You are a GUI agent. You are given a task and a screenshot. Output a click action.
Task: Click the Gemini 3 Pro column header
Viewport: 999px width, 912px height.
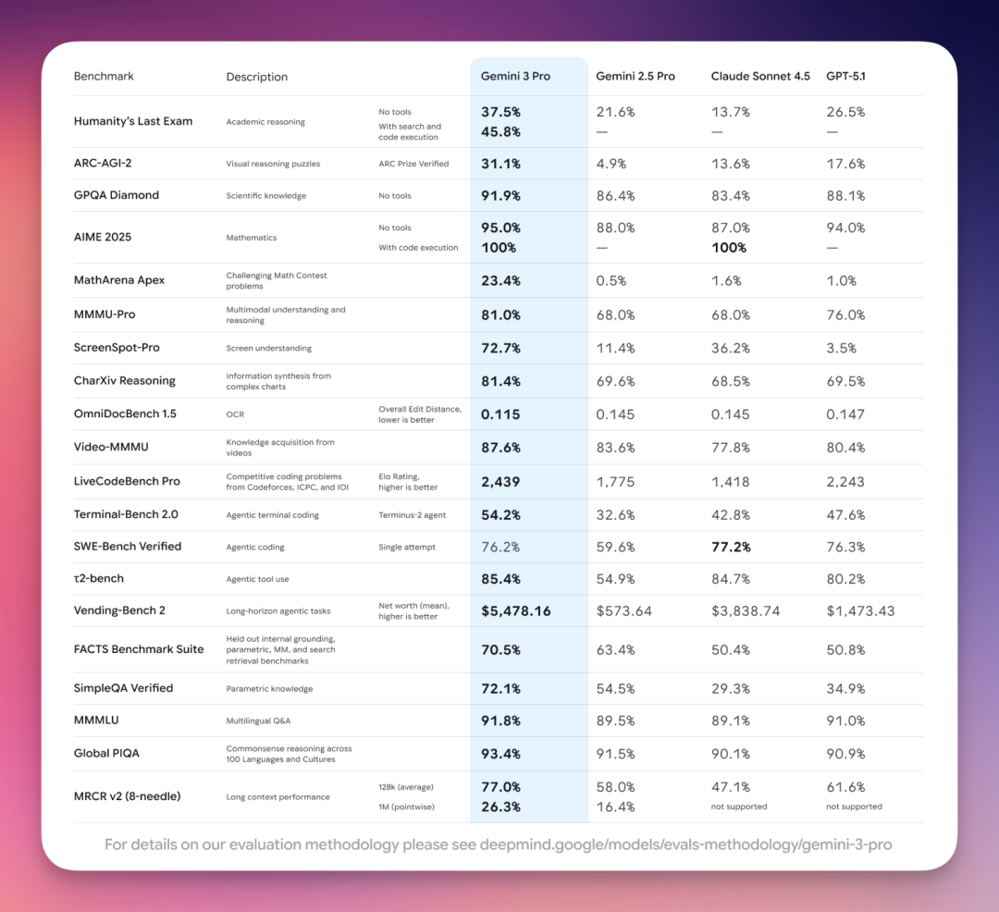[x=515, y=76]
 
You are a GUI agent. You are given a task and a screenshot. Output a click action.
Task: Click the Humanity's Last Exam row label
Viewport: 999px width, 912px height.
[x=133, y=121]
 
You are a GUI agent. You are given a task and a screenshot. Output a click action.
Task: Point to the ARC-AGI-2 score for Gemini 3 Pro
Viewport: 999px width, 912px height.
[x=500, y=164]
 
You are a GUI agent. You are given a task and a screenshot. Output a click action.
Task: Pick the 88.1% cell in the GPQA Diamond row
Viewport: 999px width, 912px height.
[x=845, y=195]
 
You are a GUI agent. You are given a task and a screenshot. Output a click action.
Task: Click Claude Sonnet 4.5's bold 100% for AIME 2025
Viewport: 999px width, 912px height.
[x=729, y=248]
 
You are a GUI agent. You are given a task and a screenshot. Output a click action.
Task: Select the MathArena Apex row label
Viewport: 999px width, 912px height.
[x=119, y=280]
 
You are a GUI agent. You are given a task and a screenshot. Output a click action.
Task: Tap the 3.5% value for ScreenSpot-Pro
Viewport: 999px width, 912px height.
[x=841, y=349]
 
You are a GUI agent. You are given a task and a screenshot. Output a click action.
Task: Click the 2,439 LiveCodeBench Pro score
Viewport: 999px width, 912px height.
[x=500, y=482]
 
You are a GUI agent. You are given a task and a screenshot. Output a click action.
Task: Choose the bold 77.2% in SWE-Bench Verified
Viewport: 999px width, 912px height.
[x=731, y=547]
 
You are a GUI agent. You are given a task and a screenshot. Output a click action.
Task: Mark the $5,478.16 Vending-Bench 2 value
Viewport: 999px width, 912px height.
[x=516, y=611]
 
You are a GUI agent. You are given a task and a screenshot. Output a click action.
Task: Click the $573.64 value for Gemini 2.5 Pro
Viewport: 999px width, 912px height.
[x=624, y=611]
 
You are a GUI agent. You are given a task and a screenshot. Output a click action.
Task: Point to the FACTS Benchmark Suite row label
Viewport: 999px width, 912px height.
[x=139, y=649]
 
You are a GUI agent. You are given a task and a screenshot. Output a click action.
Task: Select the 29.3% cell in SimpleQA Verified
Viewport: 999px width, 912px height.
[x=730, y=688]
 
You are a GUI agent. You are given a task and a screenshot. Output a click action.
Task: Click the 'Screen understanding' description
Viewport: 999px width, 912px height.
[x=269, y=349]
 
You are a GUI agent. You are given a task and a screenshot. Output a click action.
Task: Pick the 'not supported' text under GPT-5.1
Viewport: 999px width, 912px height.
[x=854, y=807]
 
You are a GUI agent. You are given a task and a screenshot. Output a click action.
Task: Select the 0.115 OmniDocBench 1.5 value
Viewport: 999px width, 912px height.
[x=500, y=414]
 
